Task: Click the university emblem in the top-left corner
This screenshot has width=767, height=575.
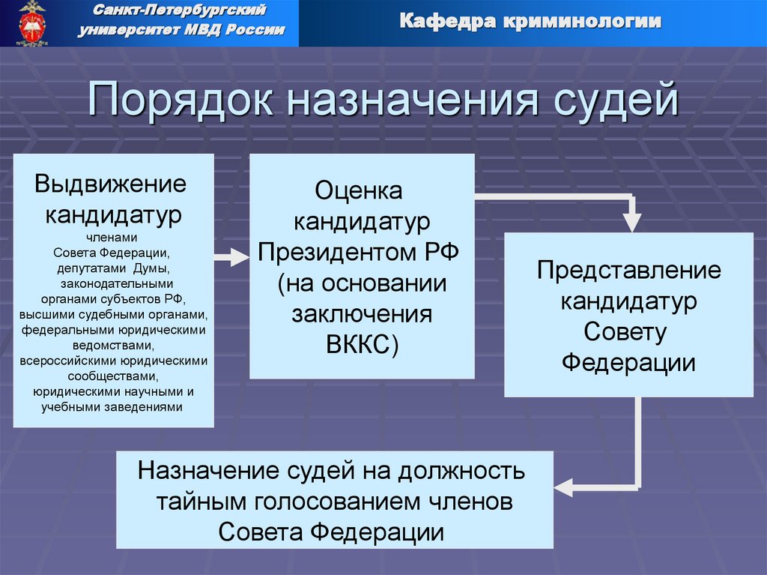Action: (x=31, y=23)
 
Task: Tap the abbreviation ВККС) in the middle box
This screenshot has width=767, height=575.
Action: (x=362, y=344)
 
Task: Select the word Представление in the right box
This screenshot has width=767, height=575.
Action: (x=628, y=270)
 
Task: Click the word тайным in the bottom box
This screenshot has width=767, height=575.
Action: (x=195, y=502)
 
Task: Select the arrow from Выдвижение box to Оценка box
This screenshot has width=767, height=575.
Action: (x=231, y=258)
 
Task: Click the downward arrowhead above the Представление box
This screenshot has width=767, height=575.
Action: (x=632, y=222)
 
